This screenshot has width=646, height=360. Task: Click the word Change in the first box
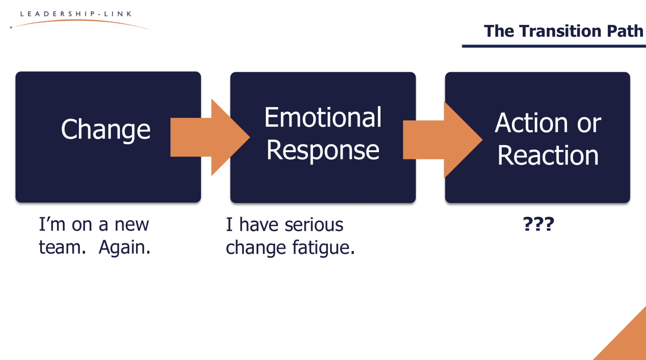pyautogui.click(x=106, y=130)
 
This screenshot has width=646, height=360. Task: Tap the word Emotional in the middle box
pyautogui.click(x=323, y=117)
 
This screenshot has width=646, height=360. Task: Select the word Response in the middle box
pyautogui.click(x=323, y=150)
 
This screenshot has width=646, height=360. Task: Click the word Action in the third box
pyautogui.click(x=531, y=123)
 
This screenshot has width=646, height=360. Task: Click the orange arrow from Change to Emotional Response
pyautogui.click(x=210, y=137)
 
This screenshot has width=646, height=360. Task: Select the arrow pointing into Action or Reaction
pyautogui.click(x=442, y=140)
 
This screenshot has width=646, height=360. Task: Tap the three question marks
pyautogui.click(x=538, y=224)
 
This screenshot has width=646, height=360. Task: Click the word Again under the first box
pyautogui.click(x=124, y=247)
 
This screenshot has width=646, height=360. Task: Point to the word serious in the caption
pyautogui.click(x=314, y=225)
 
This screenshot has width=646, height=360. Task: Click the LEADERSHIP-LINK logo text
pyautogui.click(x=76, y=14)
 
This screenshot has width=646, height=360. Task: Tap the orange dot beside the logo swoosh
pyautogui.click(x=11, y=27)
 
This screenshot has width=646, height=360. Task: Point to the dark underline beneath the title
pyautogui.click(x=554, y=46)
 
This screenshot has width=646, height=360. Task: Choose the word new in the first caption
pyautogui.click(x=131, y=225)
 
